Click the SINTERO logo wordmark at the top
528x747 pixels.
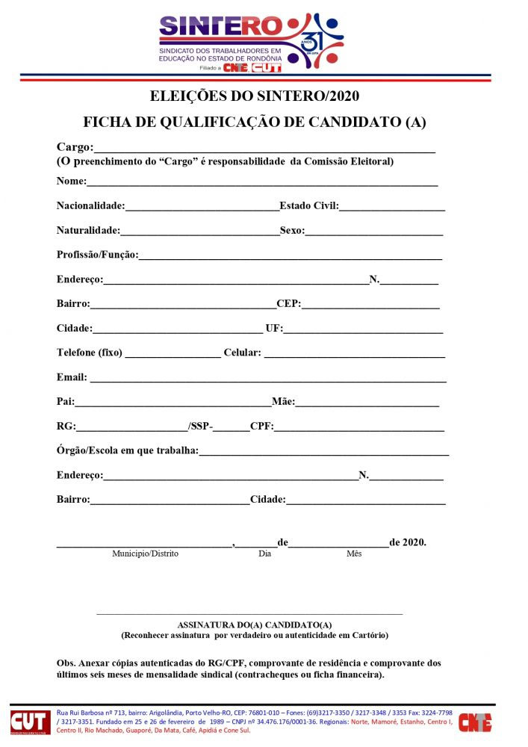coord(221,27)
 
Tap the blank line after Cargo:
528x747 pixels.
coord(264,149)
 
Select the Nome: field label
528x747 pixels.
coord(72,182)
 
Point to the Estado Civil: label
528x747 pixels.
coord(309,206)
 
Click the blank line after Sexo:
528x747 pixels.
coord(373,232)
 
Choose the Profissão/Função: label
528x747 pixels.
coord(98,255)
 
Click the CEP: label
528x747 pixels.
coord(288,304)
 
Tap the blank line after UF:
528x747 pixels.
coord(363,329)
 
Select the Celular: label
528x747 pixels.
coord(242,353)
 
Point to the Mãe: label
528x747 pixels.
coord(284,402)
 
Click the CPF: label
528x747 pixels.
coord(261,427)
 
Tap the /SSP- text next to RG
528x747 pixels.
coord(200,427)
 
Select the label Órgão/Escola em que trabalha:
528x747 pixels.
coord(128,450)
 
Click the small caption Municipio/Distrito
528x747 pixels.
coord(146,554)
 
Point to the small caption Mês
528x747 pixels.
coord(353,554)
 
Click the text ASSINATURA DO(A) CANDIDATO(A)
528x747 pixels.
coord(255,624)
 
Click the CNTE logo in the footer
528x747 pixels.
coord(474,722)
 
